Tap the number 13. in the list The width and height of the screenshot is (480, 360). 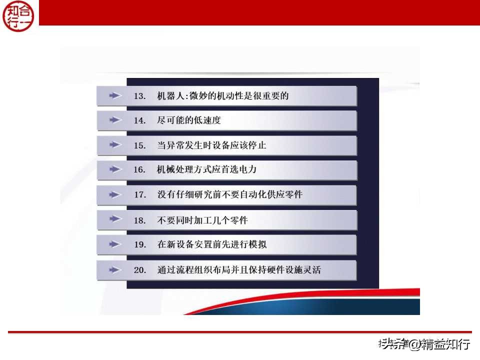pos(139,95)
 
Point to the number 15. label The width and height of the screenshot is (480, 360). pos(139,145)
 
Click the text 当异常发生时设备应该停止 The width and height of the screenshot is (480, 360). pos(211,145)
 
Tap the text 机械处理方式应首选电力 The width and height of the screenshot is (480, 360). pos(206,169)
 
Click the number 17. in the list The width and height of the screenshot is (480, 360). pos(139,194)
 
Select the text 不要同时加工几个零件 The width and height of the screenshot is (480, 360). pos(202,220)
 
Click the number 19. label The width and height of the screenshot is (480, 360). pos(139,244)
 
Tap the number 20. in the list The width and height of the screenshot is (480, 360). pos(139,270)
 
